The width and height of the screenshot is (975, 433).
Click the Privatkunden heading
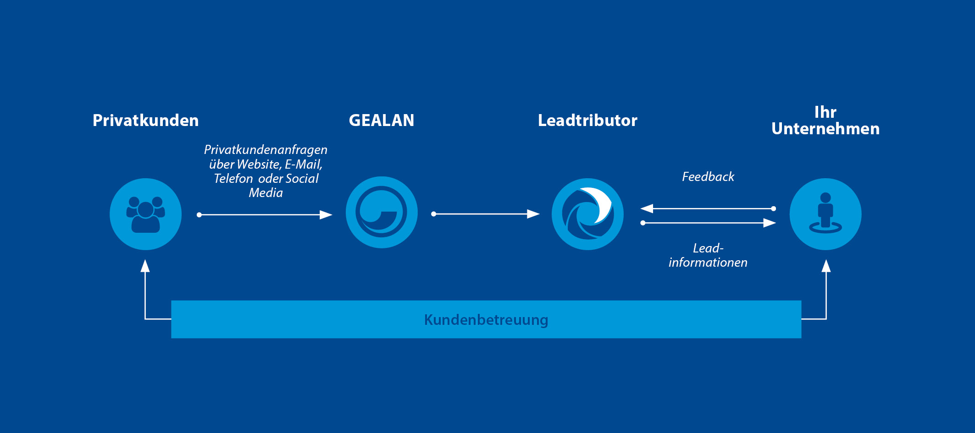pyautogui.click(x=145, y=121)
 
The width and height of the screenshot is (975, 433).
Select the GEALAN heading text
pyautogui.click(x=382, y=121)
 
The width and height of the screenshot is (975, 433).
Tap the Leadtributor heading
pyautogui.click(x=587, y=121)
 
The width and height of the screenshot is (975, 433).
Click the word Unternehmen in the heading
pyautogui.click(x=825, y=129)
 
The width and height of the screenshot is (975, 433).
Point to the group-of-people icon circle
pyautogui.click(x=146, y=214)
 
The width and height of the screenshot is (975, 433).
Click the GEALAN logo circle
pyautogui.click(x=382, y=213)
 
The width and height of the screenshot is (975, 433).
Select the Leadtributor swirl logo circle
pyautogui.click(x=587, y=214)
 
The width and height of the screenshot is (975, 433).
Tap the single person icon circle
pyautogui.click(x=825, y=214)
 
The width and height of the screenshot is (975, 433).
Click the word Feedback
pyautogui.click(x=708, y=177)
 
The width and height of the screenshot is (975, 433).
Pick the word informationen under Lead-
pyautogui.click(x=708, y=263)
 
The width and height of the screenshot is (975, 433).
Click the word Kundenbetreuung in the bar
pyautogui.click(x=486, y=320)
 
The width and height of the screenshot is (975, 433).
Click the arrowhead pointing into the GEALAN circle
pyautogui.click(x=326, y=214)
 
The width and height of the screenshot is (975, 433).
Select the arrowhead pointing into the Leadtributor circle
pyautogui.click(x=533, y=214)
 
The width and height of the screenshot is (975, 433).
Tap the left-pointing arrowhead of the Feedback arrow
pyautogui.click(x=647, y=208)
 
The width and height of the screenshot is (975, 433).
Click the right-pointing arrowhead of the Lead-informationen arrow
pyautogui.click(x=770, y=223)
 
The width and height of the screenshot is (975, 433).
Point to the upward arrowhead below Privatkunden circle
pyautogui.click(x=145, y=266)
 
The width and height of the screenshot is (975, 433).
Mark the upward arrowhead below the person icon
pyautogui.click(x=826, y=266)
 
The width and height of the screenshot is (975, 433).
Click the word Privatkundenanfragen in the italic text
pyautogui.click(x=266, y=150)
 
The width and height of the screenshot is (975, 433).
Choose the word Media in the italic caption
pyautogui.click(x=266, y=193)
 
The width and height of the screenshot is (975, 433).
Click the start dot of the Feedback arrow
pyautogui.click(x=774, y=208)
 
